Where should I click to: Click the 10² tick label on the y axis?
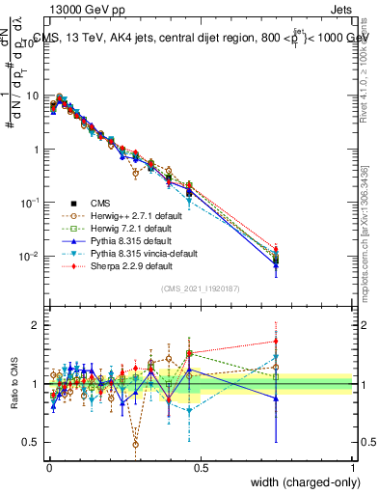tap(33, 44)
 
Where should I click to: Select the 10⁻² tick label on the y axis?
tap(31, 257)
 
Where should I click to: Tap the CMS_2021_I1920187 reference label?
tap(201, 289)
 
